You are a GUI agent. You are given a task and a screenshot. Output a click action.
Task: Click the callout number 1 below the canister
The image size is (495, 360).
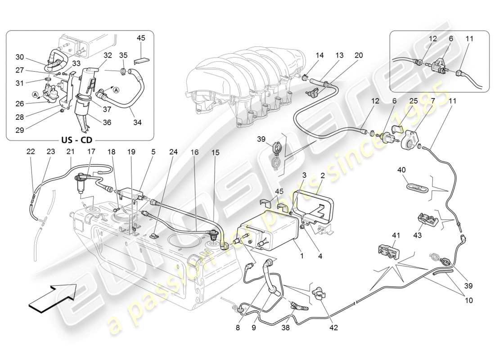click(x=301, y=256)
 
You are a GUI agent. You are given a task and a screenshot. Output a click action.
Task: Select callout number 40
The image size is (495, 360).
click(x=401, y=170)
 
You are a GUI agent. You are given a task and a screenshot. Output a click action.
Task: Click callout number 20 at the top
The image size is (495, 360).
click(x=358, y=55)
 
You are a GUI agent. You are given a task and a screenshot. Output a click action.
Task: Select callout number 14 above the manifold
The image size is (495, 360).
click(x=319, y=55)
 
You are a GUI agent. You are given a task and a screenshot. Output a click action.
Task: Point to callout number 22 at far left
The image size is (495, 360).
click(x=30, y=153)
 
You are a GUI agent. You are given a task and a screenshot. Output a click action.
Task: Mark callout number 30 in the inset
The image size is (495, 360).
click(x=19, y=57)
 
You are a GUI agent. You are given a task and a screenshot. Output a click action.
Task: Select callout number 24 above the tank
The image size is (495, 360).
click(x=173, y=153)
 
